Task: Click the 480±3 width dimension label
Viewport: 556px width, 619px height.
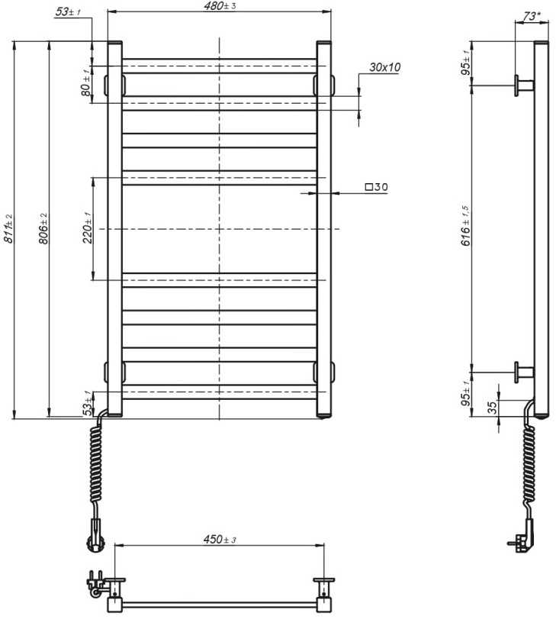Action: click(x=220, y=6)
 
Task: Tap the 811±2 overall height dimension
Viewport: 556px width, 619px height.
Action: click(x=8, y=228)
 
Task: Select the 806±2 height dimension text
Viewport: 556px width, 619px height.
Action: click(x=43, y=228)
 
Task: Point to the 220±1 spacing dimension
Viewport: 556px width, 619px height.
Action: click(x=87, y=227)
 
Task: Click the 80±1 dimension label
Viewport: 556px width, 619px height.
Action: click(x=85, y=82)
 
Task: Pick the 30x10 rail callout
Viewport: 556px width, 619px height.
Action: click(x=384, y=67)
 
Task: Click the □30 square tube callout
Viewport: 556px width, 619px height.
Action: click(x=377, y=186)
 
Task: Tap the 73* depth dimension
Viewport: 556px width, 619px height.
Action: click(x=531, y=16)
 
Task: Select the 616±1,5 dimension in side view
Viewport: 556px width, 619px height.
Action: click(x=466, y=226)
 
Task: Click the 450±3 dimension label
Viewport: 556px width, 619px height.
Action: click(x=220, y=539)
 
